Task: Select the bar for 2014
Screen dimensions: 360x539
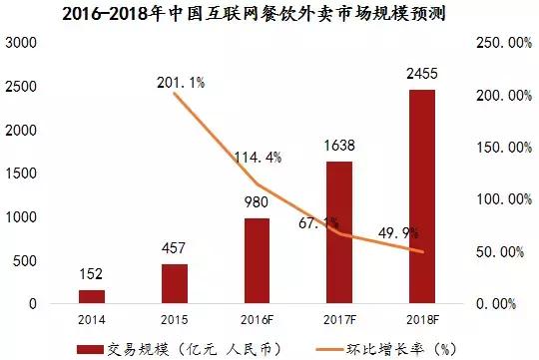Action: tap(92, 297)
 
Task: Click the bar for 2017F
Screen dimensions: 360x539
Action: tap(340, 232)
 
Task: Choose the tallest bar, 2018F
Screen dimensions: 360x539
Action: tap(423, 196)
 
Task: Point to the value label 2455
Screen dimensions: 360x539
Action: tap(423, 75)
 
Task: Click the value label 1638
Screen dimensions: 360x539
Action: tap(340, 147)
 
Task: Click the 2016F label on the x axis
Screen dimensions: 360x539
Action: tap(258, 319)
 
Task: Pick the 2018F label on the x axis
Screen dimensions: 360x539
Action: tap(423, 319)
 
